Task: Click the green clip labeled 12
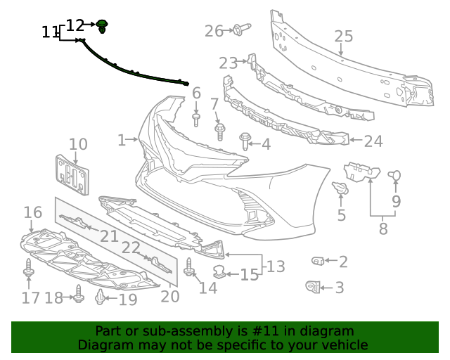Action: (x=103, y=27)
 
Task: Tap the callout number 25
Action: (x=343, y=37)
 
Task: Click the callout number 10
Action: (x=77, y=144)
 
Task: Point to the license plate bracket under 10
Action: (x=74, y=174)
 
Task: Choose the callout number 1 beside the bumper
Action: (x=122, y=140)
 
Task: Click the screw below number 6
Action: (x=197, y=119)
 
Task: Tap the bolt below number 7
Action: (x=219, y=131)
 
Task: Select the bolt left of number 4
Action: (x=245, y=141)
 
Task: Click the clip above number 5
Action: (x=340, y=189)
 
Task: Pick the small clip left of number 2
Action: (x=317, y=262)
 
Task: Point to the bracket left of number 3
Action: (x=314, y=286)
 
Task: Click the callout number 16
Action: (x=33, y=212)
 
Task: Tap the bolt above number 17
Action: (x=28, y=270)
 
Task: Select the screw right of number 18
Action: (x=79, y=297)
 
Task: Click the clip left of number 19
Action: (x=101, y=299)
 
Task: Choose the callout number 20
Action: (x=170, y=296)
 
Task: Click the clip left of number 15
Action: (x=219, y=271)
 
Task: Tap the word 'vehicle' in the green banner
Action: (x=344, y=345)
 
